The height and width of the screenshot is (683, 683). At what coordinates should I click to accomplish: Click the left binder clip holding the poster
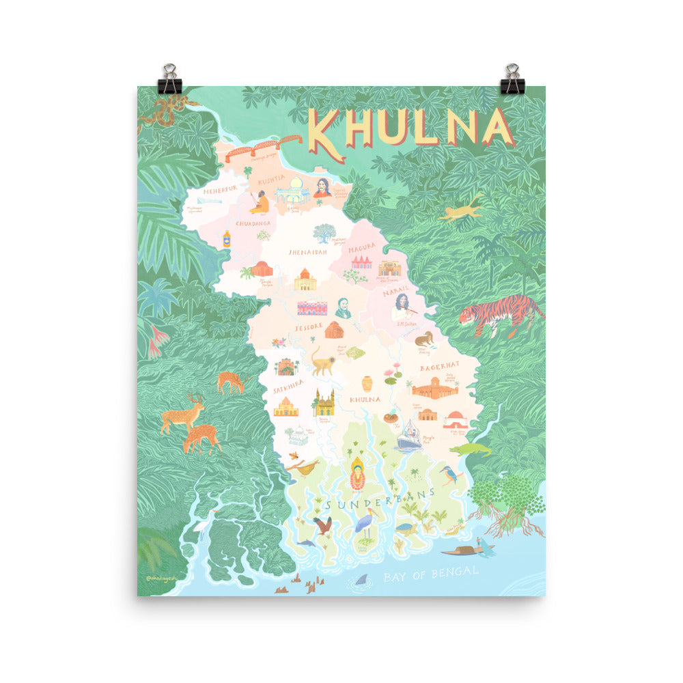169,79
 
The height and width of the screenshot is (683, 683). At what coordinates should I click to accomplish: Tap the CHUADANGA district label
253,223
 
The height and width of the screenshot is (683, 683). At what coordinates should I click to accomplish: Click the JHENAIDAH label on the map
307,252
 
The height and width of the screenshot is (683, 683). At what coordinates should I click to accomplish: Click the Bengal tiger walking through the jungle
499,316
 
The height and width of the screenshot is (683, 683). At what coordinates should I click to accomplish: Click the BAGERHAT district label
439,367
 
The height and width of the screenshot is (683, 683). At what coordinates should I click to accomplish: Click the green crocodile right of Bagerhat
471,449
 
